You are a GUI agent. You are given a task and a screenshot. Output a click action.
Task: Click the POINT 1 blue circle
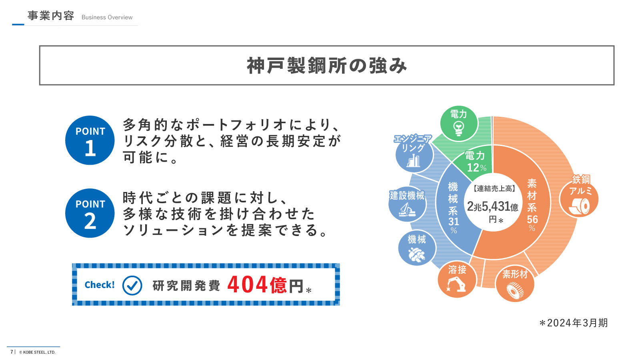point(90,140)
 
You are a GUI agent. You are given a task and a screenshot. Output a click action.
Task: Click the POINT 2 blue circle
point(90,213)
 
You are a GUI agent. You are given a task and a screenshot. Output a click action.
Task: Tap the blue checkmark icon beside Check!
point(132,286)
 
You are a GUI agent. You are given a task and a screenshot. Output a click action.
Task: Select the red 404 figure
point(248,284)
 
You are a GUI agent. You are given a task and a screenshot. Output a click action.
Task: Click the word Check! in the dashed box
point(100,285)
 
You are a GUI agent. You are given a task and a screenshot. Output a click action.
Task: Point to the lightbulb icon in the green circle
point(459,128)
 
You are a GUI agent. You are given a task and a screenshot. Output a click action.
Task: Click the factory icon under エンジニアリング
point(414,160)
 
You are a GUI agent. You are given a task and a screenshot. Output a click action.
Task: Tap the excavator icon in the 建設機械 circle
point(407,210)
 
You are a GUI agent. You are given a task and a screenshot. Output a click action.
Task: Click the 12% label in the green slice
point(476,168)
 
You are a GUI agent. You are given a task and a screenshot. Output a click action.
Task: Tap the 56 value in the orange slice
point(532,220)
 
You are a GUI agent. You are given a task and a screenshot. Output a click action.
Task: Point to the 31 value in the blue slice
point(454,222)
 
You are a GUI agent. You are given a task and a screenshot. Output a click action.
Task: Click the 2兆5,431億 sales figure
point(492,206)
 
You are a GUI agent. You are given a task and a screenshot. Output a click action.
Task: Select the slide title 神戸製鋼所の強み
point(327,66)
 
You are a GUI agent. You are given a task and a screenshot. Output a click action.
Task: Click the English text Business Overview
point(107,18)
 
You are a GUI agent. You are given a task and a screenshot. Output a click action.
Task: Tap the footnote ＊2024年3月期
point(573,323)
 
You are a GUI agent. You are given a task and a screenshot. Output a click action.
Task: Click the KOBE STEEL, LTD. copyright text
point(37,352)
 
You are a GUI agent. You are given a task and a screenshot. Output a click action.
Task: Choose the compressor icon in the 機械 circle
point(416,254)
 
